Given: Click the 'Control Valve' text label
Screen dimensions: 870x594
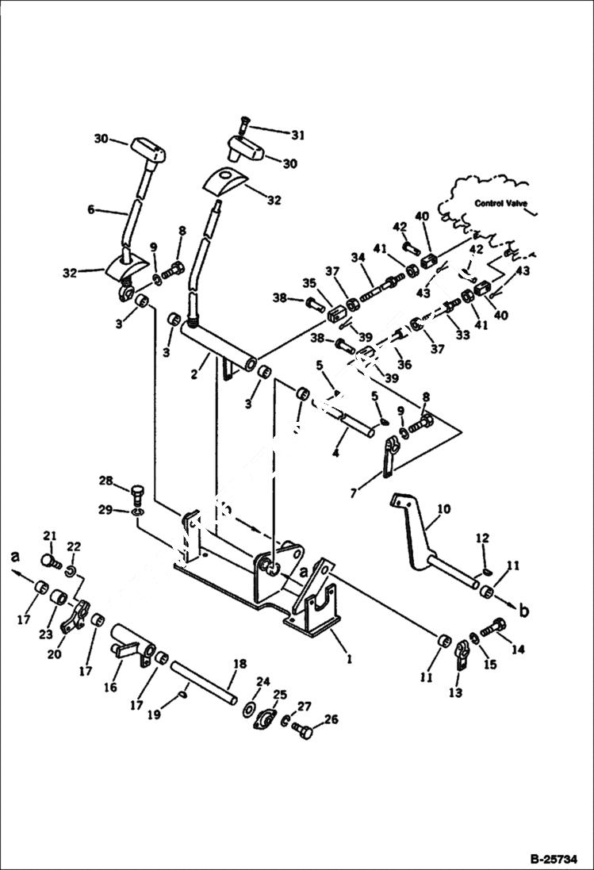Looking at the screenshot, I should point(503,203).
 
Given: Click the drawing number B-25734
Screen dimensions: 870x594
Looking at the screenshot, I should point(556,857).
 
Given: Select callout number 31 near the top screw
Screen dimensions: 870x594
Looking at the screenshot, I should point(274,136).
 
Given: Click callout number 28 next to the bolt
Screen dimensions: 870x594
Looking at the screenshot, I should point(106,481).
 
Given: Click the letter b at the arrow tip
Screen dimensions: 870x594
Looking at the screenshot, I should point(523,612).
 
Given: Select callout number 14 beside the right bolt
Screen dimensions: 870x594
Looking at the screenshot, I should point(519,649).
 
